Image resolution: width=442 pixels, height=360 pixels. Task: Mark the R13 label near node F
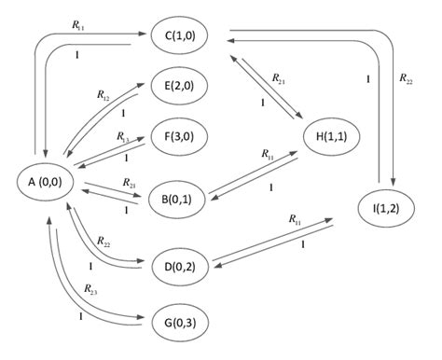[x=122, y=136]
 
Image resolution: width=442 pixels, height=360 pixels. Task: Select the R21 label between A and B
[x=128, y=184]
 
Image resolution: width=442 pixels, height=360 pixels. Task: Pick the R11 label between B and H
[x=269, y=154]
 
